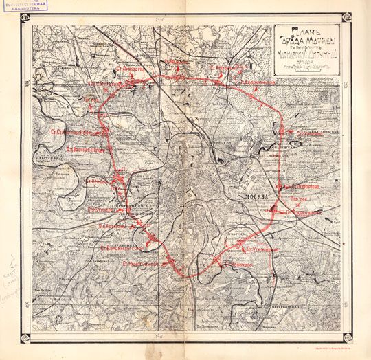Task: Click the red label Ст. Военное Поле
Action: [85, 147]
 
